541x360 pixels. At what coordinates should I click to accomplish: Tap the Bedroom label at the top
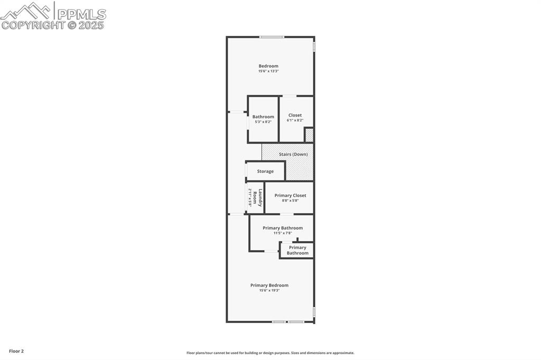pos(268,66)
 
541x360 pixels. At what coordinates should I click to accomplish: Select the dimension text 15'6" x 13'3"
pos(268,71)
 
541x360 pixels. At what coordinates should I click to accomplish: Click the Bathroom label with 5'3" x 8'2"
pos(263,117)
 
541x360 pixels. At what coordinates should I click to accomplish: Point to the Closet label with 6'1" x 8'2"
pos(295,115)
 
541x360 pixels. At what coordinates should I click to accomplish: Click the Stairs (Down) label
pos(293,154)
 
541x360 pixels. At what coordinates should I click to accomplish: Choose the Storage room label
pos(265,172)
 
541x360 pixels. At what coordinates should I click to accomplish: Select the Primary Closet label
pos(290,195)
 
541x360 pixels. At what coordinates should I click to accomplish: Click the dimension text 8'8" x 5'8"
pos(290,201)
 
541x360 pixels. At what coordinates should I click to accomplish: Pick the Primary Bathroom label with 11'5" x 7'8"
pos(283,228)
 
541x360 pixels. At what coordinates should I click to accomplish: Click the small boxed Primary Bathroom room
pos(297,250)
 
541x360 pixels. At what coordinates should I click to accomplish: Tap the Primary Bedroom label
pos(269,285)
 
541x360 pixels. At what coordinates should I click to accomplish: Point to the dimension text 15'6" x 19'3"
pos(269,290)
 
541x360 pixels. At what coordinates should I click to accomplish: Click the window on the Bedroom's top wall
pos(272,37)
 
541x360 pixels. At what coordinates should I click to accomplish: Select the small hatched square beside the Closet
pos(309,135)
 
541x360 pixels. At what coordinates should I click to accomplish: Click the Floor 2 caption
pos(16,351)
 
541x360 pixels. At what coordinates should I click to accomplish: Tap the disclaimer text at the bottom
pos(270,353)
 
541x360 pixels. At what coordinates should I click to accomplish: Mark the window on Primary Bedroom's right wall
pos(314,312)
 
